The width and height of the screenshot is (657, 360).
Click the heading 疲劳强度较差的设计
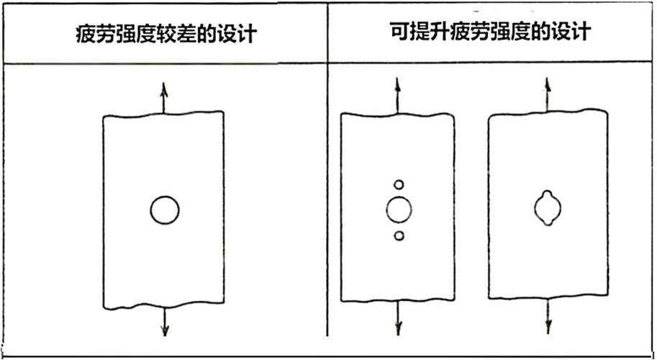click(x=166, y=34)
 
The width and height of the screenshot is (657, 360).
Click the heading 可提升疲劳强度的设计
click(x=490, y=32)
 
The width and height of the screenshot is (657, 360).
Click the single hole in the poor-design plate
click(x=165, y=210)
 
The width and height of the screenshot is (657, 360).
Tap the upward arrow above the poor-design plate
click(x=163, y=98)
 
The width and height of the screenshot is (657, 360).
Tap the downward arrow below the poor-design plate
click(x=165, y=322)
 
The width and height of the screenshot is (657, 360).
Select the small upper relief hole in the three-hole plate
click(x=399, y=184)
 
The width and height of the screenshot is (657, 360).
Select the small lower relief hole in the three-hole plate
click(x=399, y=236)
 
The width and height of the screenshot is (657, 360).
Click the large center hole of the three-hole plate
click(x=399, y=210)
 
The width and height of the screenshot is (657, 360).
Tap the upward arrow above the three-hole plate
click(x=398, y=96)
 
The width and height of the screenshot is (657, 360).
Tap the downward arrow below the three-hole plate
click(x=398, y=318)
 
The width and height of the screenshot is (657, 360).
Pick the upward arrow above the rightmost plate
click(x=547, y=94)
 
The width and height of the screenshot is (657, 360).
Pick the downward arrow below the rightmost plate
click(x=548, y=316)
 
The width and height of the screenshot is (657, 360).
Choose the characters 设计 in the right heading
click(x=571, y=32)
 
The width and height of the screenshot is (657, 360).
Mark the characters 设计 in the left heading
click(x=236, y=34)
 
